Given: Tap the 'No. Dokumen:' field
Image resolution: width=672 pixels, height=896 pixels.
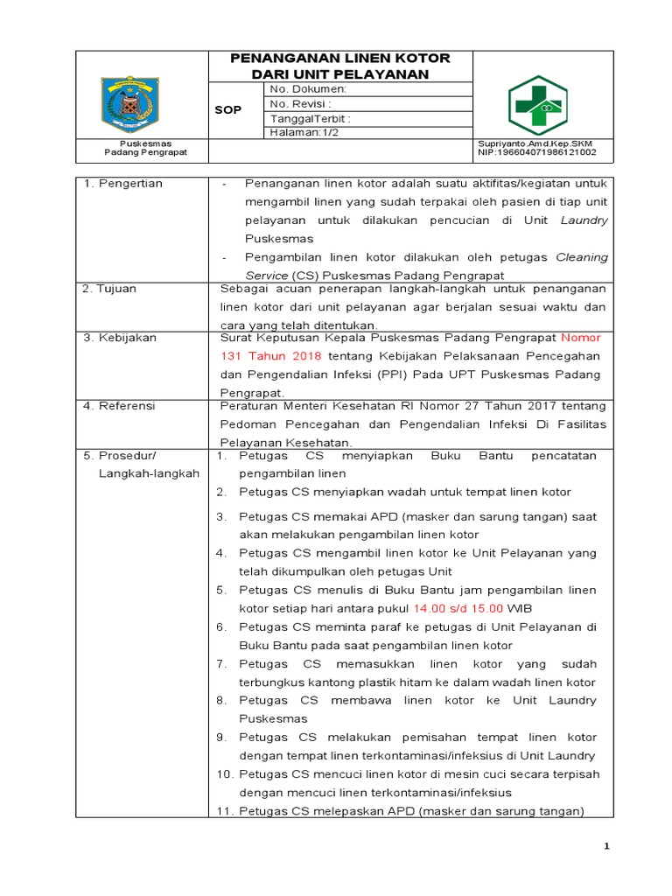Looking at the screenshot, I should (309, 89).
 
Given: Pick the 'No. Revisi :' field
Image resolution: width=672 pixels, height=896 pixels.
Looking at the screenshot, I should (305, 103).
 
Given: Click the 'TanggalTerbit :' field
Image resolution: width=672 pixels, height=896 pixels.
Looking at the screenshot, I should (311, 118).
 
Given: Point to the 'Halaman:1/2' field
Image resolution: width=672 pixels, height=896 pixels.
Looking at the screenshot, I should (305, 132).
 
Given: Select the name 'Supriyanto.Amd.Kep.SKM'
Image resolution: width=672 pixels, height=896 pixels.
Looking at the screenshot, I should (535, 143).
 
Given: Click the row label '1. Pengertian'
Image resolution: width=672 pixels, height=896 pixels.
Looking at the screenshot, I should (122, 184).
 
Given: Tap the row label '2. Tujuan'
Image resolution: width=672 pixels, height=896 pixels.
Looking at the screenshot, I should (109, 289).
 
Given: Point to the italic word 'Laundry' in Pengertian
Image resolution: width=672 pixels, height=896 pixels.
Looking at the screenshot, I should (584, 220).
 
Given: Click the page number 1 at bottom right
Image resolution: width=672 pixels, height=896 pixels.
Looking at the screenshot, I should (606, 847).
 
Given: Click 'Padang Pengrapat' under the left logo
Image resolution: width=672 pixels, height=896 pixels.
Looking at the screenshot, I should (145, 152).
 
